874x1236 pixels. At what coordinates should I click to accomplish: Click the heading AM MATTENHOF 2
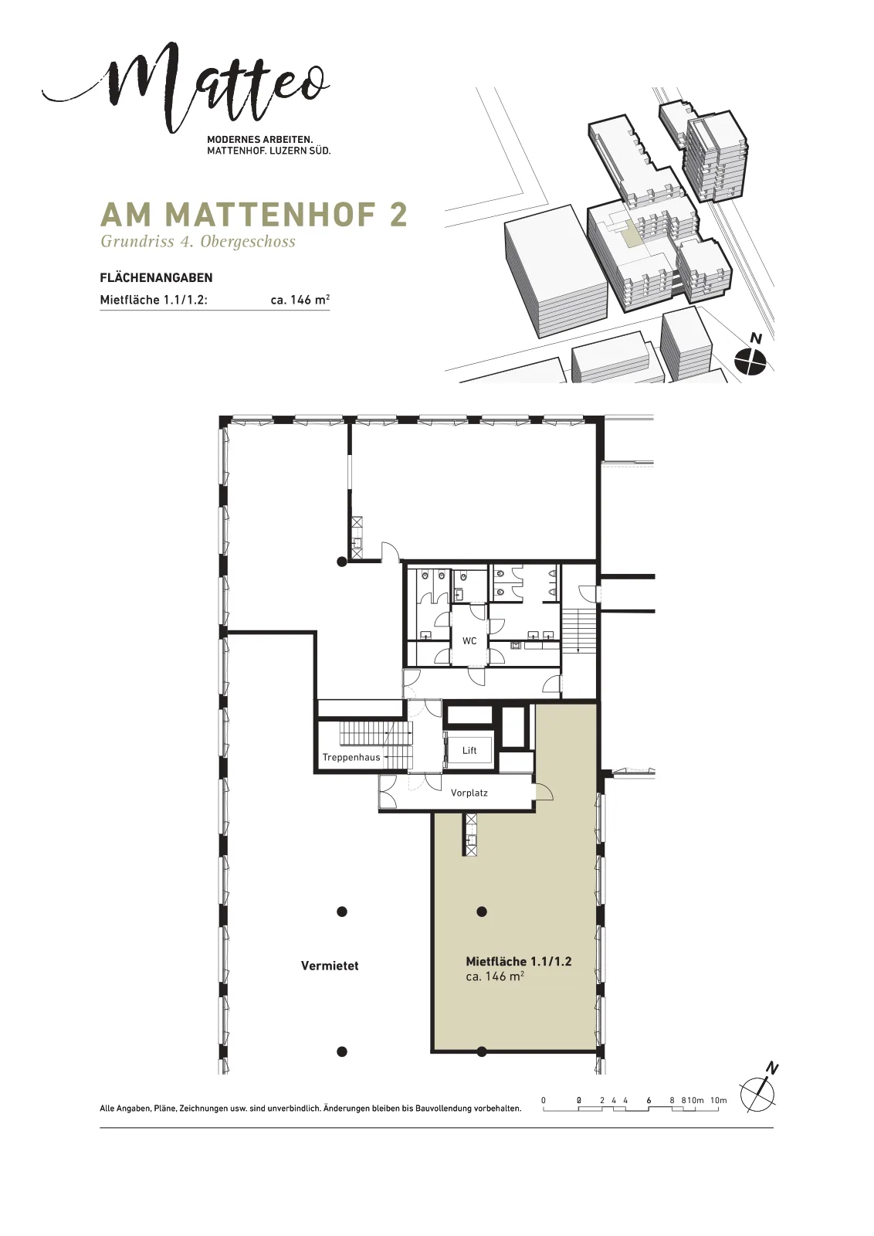pyautogui.click(x=254, y=215)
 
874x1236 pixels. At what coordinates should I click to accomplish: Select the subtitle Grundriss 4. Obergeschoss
pyautogui.click(x=198, y=242)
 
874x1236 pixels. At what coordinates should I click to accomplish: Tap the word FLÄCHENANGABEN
pyautogui.click(x=156, y=277)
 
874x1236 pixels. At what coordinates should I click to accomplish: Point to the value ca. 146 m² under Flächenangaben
pyautogui.click(x=300, y=300)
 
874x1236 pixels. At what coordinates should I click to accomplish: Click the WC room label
pyautogui.click(x=469, y=640)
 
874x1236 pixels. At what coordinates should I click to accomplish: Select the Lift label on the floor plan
pyautogui.click(x=469, y=750)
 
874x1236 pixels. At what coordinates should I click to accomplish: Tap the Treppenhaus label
pyautogui.click(x=351, y=758)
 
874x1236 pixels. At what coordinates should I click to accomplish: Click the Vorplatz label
pyautogui.click(x=469, y=793)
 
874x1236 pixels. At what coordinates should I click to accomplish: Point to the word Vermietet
pyautogui.click(x=330, y=966)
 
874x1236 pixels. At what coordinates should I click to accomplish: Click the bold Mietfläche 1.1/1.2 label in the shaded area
pyautogui.click(x=518, y=961)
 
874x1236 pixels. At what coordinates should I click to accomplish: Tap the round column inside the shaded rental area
pyautogui.click(x=482, y=912)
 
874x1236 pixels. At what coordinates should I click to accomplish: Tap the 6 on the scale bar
pyautogui.click(x=649, y=1100)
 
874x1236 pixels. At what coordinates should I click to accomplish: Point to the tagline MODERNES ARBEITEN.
pyautogui.click(x=259, y=140)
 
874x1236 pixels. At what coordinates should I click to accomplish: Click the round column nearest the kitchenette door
pyautogui.click(x=342, y=562)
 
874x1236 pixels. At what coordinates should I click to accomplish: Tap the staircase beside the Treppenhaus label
pyautogui.click(x=375, y=742)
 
